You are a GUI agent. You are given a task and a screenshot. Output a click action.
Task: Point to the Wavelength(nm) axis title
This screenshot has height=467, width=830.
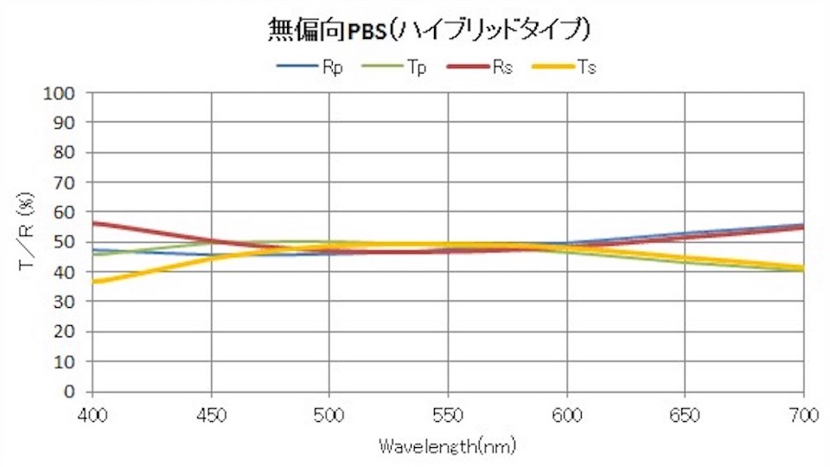(x=448, y=446)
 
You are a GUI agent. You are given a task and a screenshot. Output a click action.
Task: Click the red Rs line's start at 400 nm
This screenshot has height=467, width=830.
(x=93, y=223)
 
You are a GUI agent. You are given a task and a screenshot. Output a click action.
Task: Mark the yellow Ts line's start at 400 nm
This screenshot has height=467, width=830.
(x=93, y=281)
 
